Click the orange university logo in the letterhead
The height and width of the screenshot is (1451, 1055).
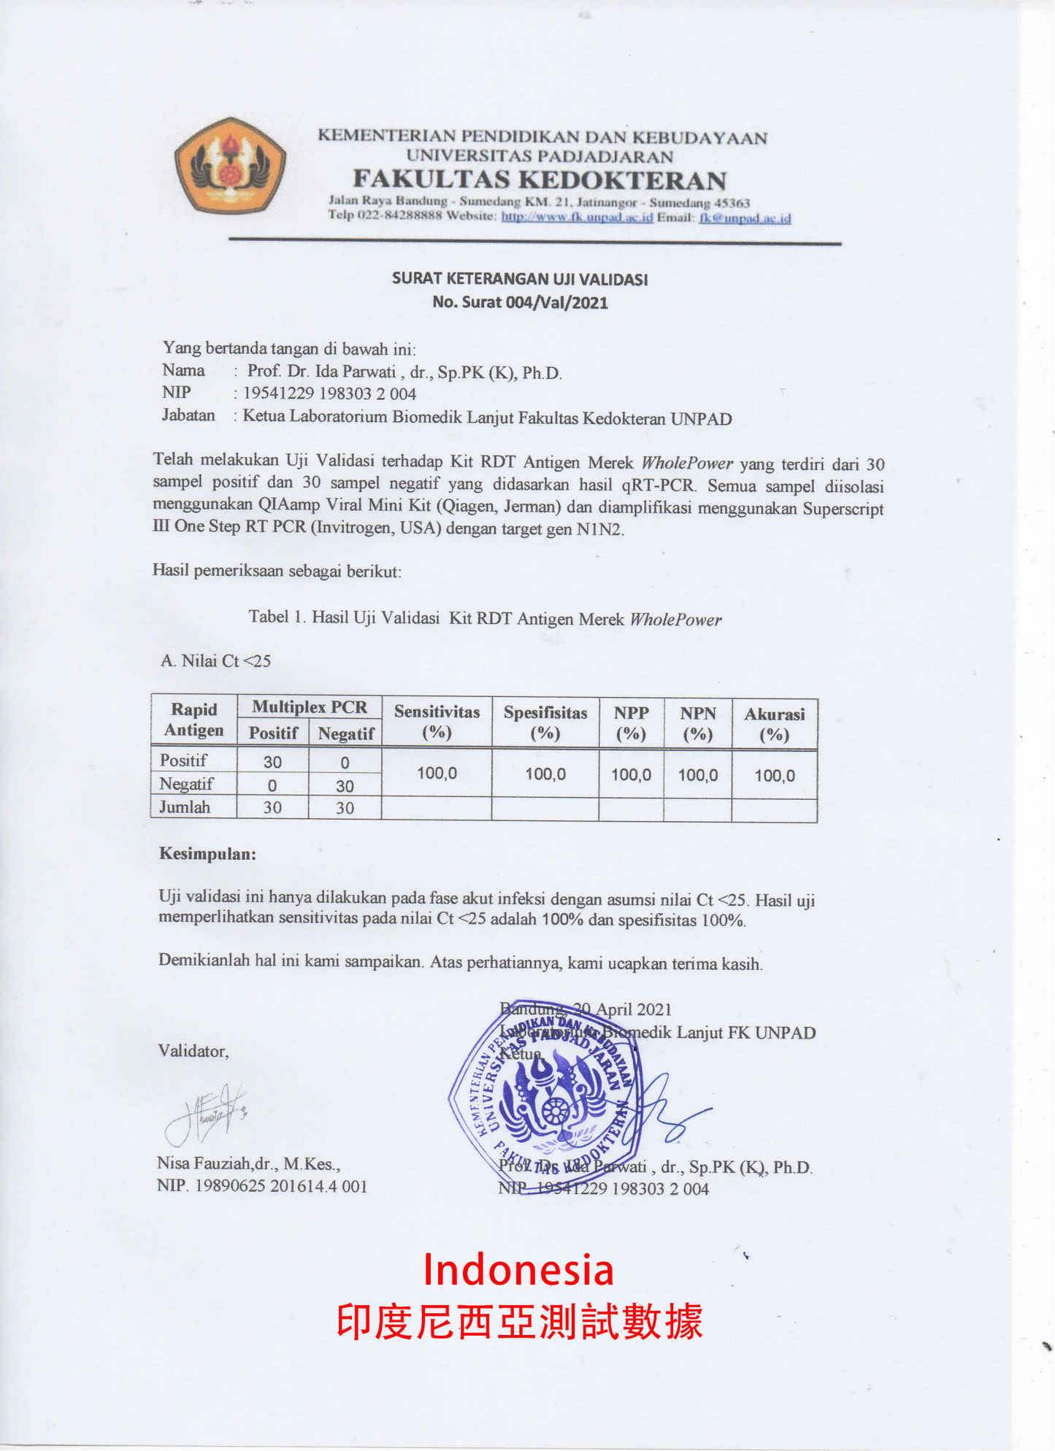click(x=230, y=165)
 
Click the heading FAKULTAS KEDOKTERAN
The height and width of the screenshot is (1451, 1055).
click(x=540, y=180)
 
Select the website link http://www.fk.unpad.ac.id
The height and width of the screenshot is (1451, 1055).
click(x=577, y=217)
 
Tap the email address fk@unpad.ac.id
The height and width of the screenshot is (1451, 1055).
click(x=745, y=218)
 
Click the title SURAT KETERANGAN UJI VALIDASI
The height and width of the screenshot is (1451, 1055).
click(x=520, y=279)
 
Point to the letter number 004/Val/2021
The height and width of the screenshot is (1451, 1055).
click(x=556, y=303)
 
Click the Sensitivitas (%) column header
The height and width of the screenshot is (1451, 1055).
click(x=437, y=722)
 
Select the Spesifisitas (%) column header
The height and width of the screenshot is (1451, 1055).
click(x=545, y=723)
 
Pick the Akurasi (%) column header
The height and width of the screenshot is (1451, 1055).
click(x=774, y=724)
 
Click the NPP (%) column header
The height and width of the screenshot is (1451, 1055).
click(x=631, y=723)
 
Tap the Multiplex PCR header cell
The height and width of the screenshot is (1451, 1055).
click(x=310, y=707)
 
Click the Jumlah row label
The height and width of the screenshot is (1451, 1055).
click(x=185, y=807)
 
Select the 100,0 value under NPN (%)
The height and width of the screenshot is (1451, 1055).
click(x=697, y=775)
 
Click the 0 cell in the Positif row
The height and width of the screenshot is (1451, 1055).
click(x=345, y=763)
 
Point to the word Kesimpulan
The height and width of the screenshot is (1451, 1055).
click(x=207, y=854)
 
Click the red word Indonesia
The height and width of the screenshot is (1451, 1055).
click(x=518, y=1269)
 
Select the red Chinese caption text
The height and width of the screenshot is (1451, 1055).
click(x=519, y=1323)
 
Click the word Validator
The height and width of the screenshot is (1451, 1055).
click(x=193, y=1051)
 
